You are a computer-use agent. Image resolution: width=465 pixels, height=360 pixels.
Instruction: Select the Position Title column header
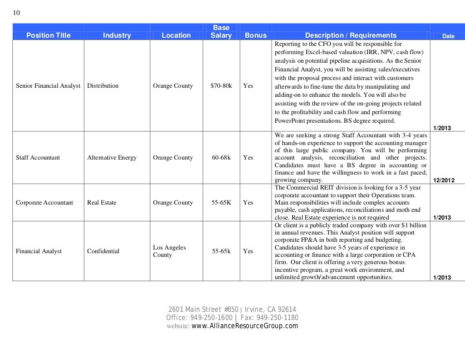[49, 35]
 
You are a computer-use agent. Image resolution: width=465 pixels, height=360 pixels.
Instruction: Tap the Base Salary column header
[221, 32]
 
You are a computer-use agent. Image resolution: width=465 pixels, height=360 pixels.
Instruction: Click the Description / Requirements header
[351, 35]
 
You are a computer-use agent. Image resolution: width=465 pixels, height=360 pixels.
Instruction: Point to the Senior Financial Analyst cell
[48, 85]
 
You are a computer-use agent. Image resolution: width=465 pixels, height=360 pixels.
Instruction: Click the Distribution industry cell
[103, 85]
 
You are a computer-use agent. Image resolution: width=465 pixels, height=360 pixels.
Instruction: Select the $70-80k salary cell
[221, 85]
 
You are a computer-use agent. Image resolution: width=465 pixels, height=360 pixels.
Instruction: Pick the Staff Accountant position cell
[38, 158]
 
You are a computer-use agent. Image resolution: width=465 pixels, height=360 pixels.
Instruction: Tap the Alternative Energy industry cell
[112, 158]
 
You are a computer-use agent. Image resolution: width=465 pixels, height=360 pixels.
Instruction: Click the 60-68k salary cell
[221, 158]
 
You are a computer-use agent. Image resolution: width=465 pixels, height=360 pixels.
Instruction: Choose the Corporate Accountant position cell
[45, 203]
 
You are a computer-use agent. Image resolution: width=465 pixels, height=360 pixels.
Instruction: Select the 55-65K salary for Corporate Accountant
[221, 203]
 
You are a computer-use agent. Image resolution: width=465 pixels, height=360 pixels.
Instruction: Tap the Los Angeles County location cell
[169, 251]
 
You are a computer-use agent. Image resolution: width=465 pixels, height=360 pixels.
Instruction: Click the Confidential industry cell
[104, 251]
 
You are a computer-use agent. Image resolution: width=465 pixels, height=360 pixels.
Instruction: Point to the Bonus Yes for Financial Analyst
[248, 251]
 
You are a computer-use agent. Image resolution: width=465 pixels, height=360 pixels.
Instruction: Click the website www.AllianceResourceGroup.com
[245, 326]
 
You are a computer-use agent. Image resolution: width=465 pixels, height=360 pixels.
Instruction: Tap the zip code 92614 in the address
[287, 310]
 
